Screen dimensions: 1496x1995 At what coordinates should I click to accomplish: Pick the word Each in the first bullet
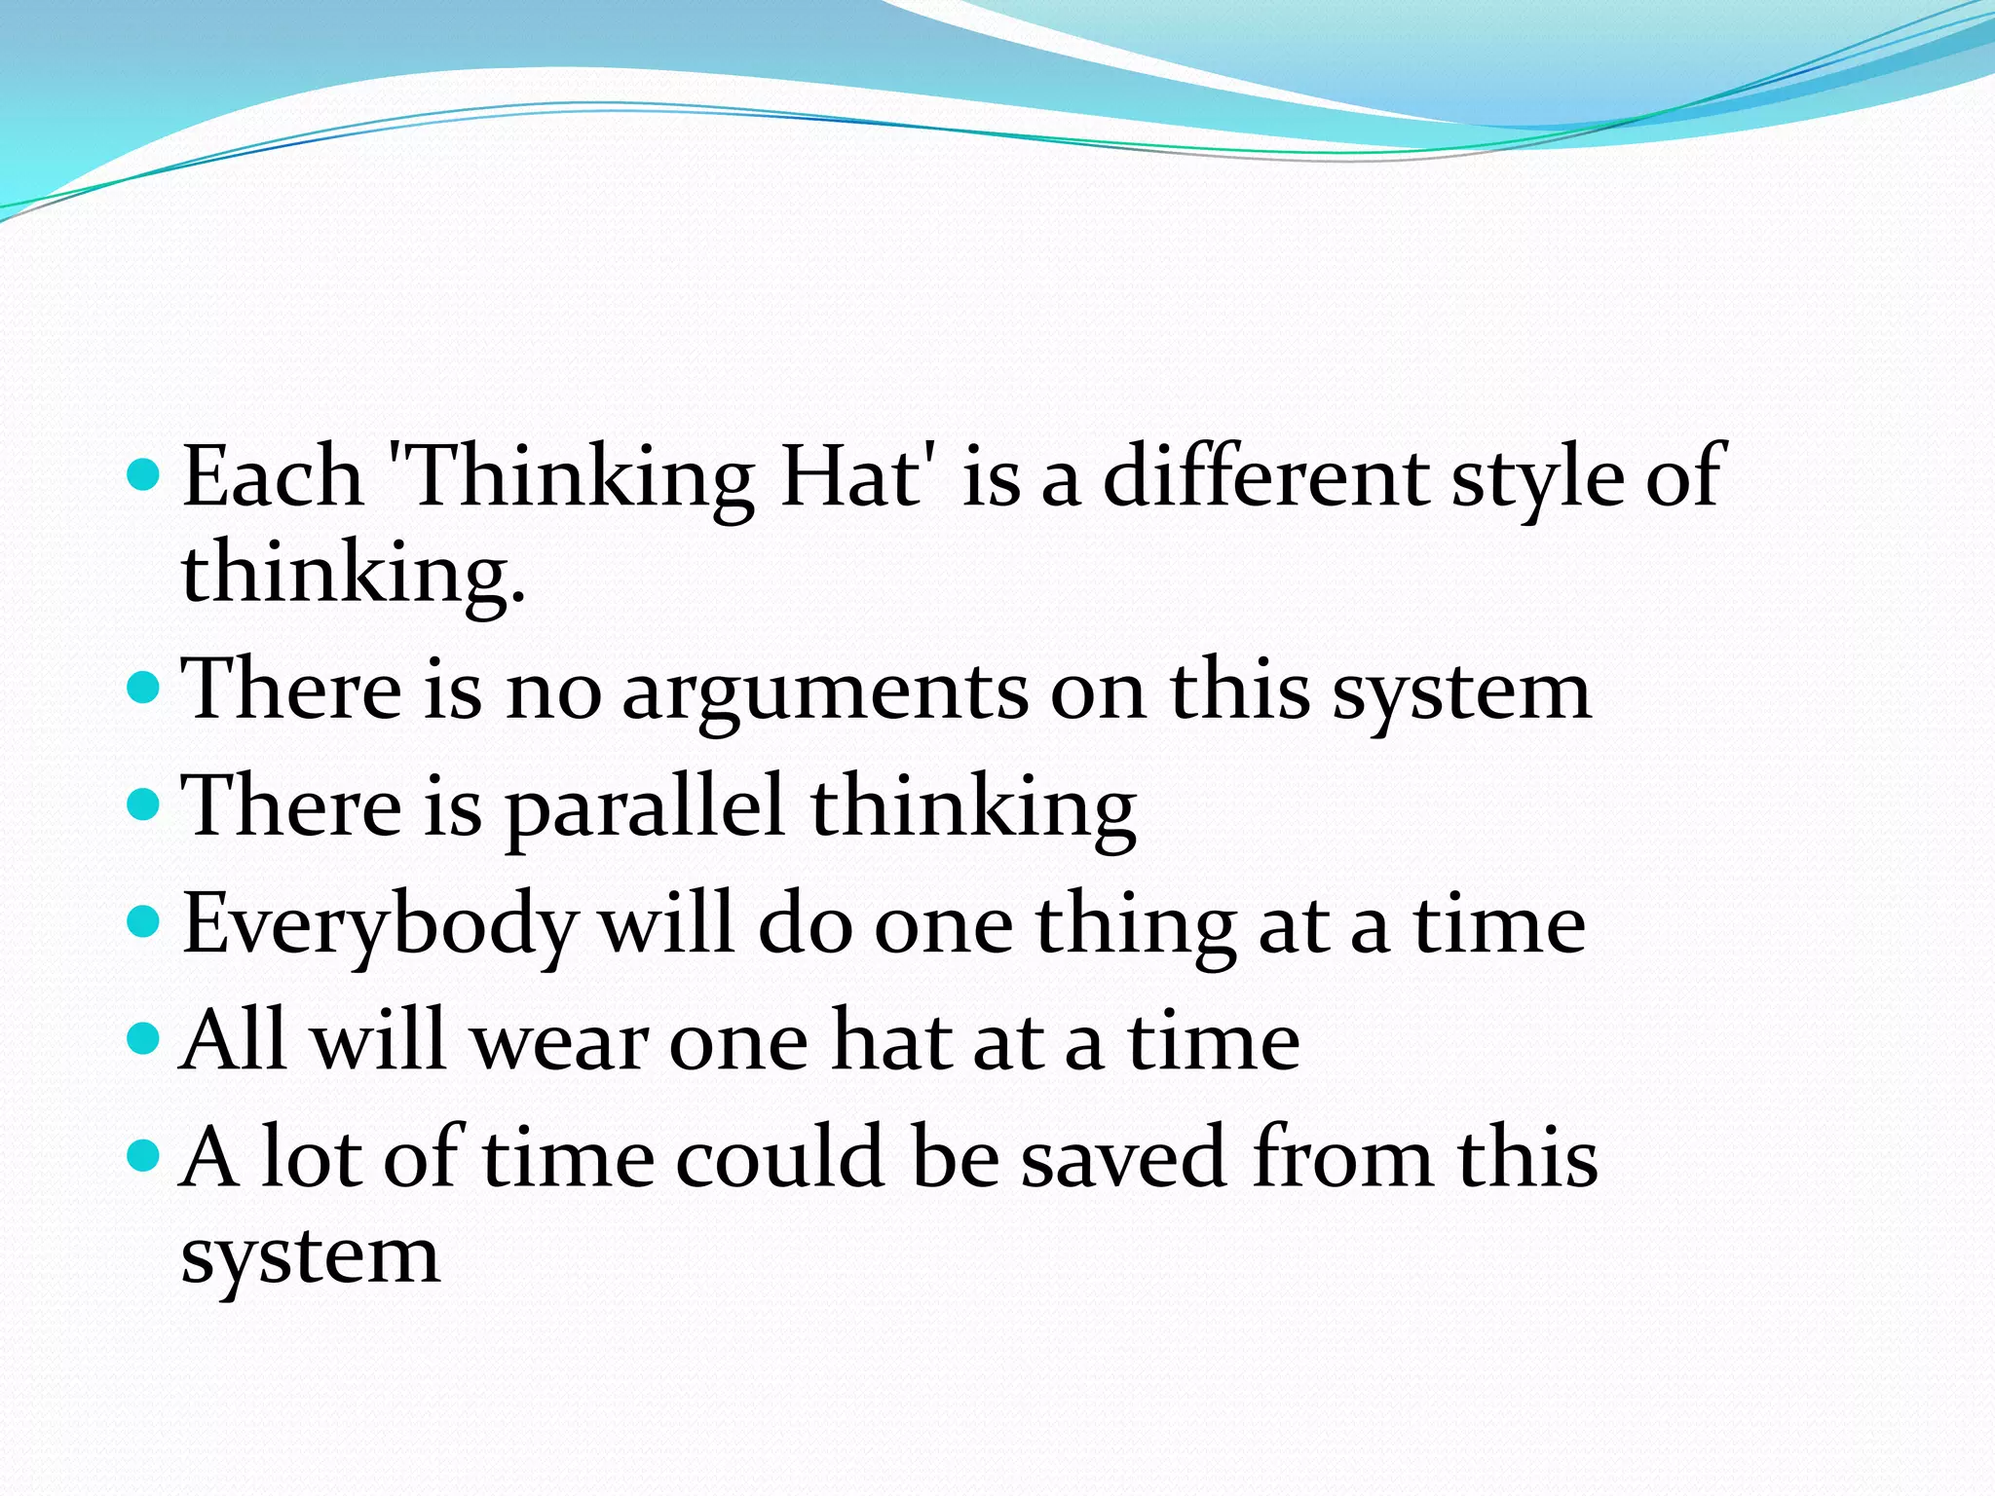click(272, 477)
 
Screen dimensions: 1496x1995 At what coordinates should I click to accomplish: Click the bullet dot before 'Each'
click(143, 474)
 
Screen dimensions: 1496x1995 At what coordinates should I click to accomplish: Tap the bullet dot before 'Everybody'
click(143, 921)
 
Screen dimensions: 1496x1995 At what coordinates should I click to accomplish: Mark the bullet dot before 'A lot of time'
click(143, 1155)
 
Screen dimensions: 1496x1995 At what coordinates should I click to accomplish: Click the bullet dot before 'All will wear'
click(143, 1038)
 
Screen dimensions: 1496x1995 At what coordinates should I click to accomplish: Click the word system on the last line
click(311, 1256)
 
